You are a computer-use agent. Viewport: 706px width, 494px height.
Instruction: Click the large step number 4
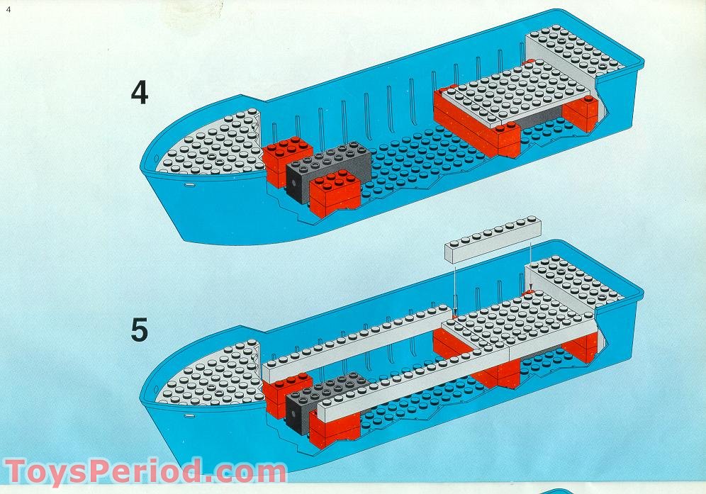[x=140, y=93]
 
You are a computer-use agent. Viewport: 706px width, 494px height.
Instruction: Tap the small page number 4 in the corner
[x=9, y=9]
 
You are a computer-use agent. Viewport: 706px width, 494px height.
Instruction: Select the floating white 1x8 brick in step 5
[x=493, y=241]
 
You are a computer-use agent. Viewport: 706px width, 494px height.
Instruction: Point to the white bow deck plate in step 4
[x=208, y=146]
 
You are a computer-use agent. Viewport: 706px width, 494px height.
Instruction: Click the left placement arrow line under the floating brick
[x=452, y=284]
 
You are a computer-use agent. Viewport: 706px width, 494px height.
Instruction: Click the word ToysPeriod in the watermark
[x=106, y=471]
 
